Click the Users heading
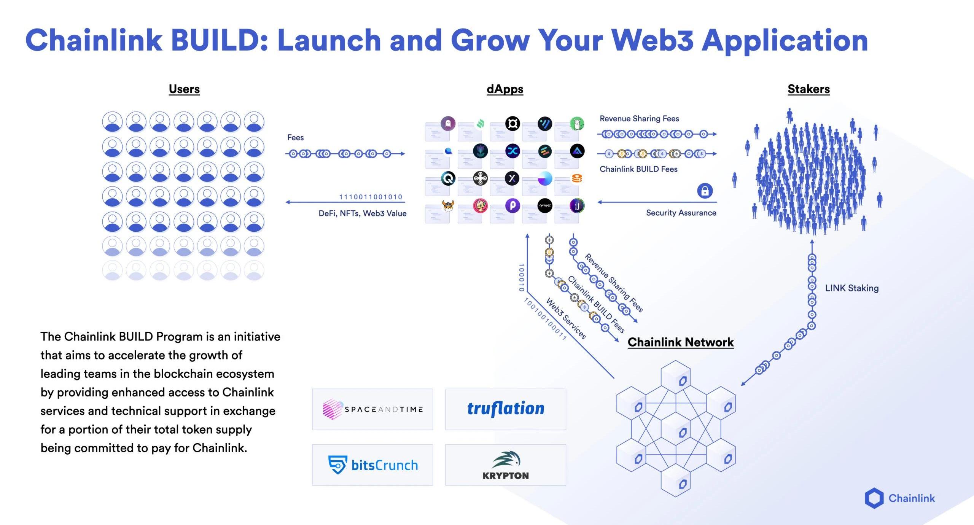click(x=184, y=89)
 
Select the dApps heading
click(x=505, y=89)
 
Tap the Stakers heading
click(x=808, y=89)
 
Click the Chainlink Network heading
click(x=680, y=342)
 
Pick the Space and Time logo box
click(x=372, y=409)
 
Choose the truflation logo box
click(x=506, y=409)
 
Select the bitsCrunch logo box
click(x=372, y=465)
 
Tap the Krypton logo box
click(x=506, y=465)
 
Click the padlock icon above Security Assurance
click(x=705, y=191)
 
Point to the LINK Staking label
click(x=851, y=288)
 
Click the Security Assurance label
click(x=681, y=213)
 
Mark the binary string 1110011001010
click(x=371, y=197)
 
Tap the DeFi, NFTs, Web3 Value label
click(x=362, y=213)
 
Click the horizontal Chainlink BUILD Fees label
click(x=638, y=169)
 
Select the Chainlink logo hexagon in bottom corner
click(x=874, y=498)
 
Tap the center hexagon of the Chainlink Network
click(x=676, y=432)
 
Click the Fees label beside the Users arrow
click(x=295, y=137)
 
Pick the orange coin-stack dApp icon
click(x=577, y=178)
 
